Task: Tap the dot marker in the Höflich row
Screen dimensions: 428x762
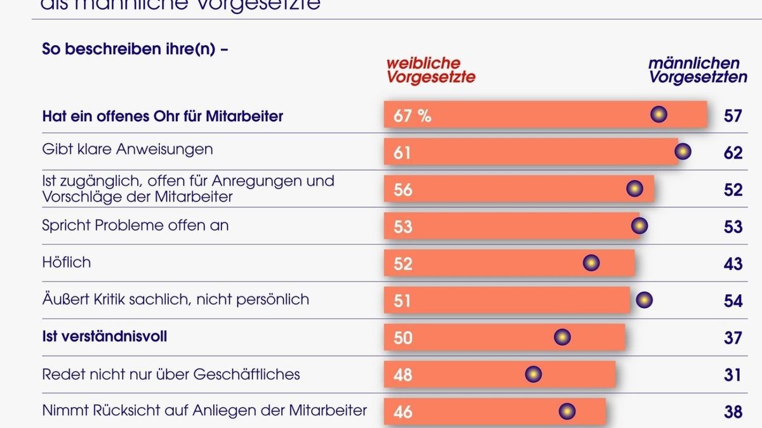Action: point(591,263)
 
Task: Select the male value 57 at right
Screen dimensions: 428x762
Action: point(733,116)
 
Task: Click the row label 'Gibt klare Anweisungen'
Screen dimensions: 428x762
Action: point(127,150)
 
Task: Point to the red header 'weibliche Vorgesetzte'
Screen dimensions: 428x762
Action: point(431,70)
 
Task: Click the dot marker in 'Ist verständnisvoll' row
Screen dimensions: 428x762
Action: point(562,337)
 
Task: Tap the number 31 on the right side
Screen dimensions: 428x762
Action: point(733,375)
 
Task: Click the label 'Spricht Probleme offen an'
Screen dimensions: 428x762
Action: point(135,225)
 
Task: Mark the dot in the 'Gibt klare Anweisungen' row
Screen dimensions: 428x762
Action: point(683,152)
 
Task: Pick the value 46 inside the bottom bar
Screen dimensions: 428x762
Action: point(403,412)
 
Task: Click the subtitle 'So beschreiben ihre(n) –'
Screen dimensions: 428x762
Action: point(135,49)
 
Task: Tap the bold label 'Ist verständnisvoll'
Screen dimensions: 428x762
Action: point(105,337)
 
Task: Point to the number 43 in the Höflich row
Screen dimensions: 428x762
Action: point(733,263)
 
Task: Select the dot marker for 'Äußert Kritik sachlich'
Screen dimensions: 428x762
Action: point(644,300)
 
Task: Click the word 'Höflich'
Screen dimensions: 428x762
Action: point(66,262)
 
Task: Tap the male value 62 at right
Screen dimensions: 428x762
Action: point(733,153)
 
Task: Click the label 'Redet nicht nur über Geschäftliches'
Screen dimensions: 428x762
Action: point(171,374)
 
